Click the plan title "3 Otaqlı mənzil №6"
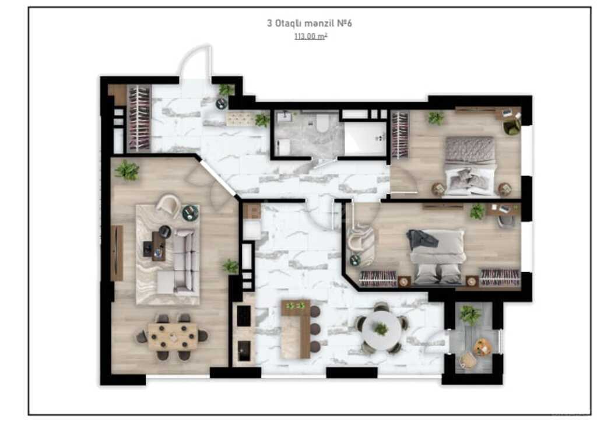pyautogui.click(x=309, y=23)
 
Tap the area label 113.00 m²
pyautogui.click(x=310, y=36)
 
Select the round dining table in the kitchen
pyautogui.click(x=381, y=328)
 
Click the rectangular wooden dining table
pyautogui.click(x=173, y=336)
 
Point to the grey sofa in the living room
pyautogui.click(x=185, y=262)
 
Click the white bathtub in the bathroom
pyautogui.click(x=365, y=138)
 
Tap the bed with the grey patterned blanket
pyautogui.click(x=470, y=166)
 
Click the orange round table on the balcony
pyautogui.click(x=482, y=347)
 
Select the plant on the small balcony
pyautogui.click(x=470, y=315)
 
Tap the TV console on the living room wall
pyautogui.click(x=117, y=253)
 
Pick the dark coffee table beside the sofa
pyautogui.click(x=159, y=247)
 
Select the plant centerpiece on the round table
pyautogui.click(x=381, y=328)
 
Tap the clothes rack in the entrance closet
pyautogui.click(x=139, y=118)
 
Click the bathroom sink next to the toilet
pyautogui.click(x=284, y=117)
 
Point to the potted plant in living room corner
pyautogui.click(x=127, y=170)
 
